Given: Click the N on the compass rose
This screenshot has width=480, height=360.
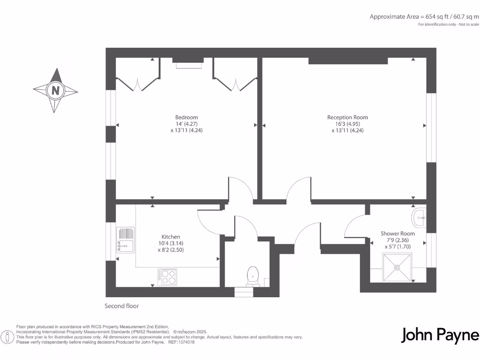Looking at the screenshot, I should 55,90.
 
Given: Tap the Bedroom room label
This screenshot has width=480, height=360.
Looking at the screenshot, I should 187,117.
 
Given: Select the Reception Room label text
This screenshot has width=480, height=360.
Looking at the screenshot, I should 347,117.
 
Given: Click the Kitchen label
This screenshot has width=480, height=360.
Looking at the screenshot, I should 171,237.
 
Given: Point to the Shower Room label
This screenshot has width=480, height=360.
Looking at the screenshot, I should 397,233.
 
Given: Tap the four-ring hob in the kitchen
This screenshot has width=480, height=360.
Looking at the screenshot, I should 167,277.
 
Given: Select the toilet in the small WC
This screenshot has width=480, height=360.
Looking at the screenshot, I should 252,276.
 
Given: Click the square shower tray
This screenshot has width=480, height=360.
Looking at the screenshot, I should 397,268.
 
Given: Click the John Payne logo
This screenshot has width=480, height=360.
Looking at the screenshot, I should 440,336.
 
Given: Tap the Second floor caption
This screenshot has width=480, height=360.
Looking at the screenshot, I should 121,306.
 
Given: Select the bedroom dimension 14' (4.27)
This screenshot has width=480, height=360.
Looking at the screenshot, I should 187,124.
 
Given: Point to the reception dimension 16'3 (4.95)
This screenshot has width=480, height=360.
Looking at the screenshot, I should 347,124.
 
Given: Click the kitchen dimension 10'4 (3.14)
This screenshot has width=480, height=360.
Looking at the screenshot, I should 171,243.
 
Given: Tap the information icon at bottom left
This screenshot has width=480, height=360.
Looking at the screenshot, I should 7,337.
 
